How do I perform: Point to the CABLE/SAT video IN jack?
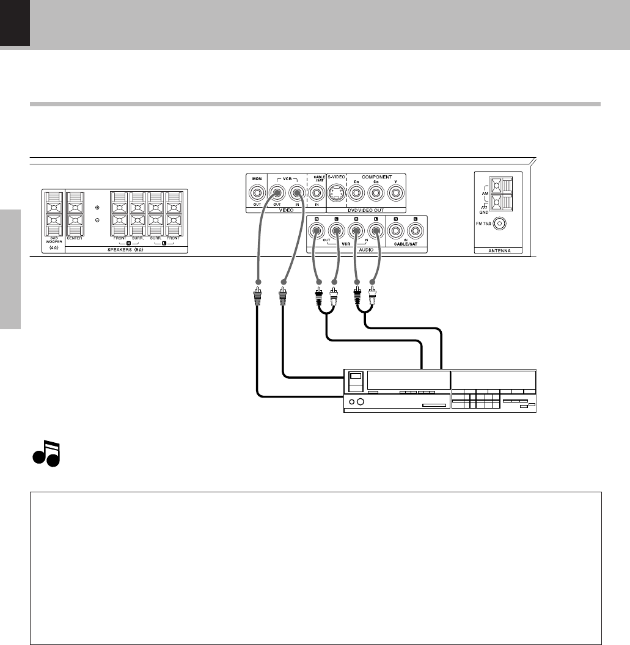point(316,194)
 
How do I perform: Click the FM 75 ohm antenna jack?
point(500,224)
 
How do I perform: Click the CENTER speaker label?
point(75,238)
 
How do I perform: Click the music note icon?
point(46,453)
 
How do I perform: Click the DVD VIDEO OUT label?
point(367,210)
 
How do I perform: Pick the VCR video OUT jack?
point(276,194)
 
